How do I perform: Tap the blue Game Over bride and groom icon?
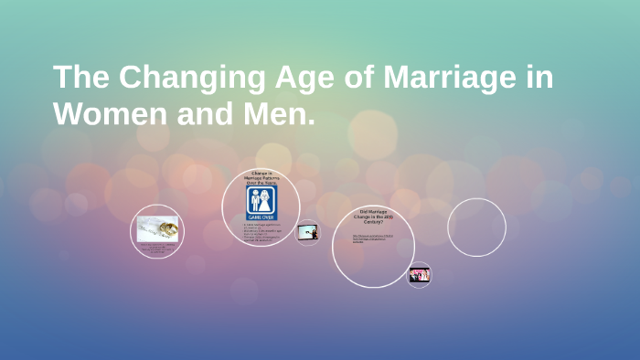pos(261,203)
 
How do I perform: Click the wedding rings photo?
pos(157,228)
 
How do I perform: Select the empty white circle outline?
pos(476,227)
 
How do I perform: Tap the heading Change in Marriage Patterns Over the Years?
pos(261,178)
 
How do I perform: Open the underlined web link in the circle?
pos(373,239)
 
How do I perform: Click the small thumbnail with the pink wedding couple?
pos(420,274)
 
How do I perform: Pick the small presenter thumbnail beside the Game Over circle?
pos(308,234)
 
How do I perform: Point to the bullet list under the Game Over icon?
pos(261,232)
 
